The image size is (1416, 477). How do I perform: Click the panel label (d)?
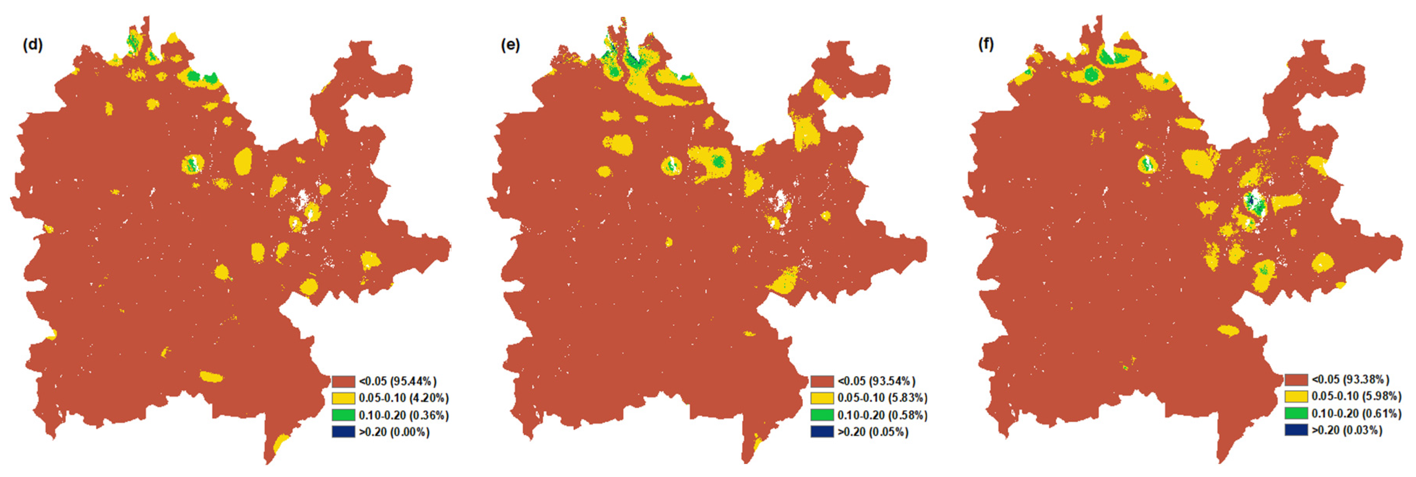33,45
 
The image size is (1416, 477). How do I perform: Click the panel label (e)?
510,45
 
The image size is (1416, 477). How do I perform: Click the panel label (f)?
986,43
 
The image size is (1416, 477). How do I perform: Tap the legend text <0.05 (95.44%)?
397,381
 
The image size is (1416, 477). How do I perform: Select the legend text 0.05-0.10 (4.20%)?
403,398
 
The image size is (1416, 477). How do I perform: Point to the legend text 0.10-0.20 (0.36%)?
403,415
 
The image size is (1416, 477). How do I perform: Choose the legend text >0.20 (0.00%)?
394,432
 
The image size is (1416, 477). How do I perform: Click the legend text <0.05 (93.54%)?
876,381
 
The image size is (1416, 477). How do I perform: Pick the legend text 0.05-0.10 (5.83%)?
882,398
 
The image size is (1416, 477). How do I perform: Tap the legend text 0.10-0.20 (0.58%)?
882,415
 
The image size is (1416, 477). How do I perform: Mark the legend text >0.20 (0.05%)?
873,432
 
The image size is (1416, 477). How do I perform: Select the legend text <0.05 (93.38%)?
1350,379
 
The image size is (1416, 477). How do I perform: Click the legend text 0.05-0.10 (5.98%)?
1356,396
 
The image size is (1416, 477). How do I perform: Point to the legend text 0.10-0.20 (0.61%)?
1356,413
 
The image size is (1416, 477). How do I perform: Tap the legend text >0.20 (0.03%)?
1347,430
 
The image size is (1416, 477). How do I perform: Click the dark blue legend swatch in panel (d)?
343,432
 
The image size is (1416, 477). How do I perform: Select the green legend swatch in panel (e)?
822,415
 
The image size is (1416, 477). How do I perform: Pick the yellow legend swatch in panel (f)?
1296,396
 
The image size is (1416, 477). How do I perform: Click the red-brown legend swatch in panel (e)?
822,381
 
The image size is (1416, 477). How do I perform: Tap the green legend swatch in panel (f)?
1296,413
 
